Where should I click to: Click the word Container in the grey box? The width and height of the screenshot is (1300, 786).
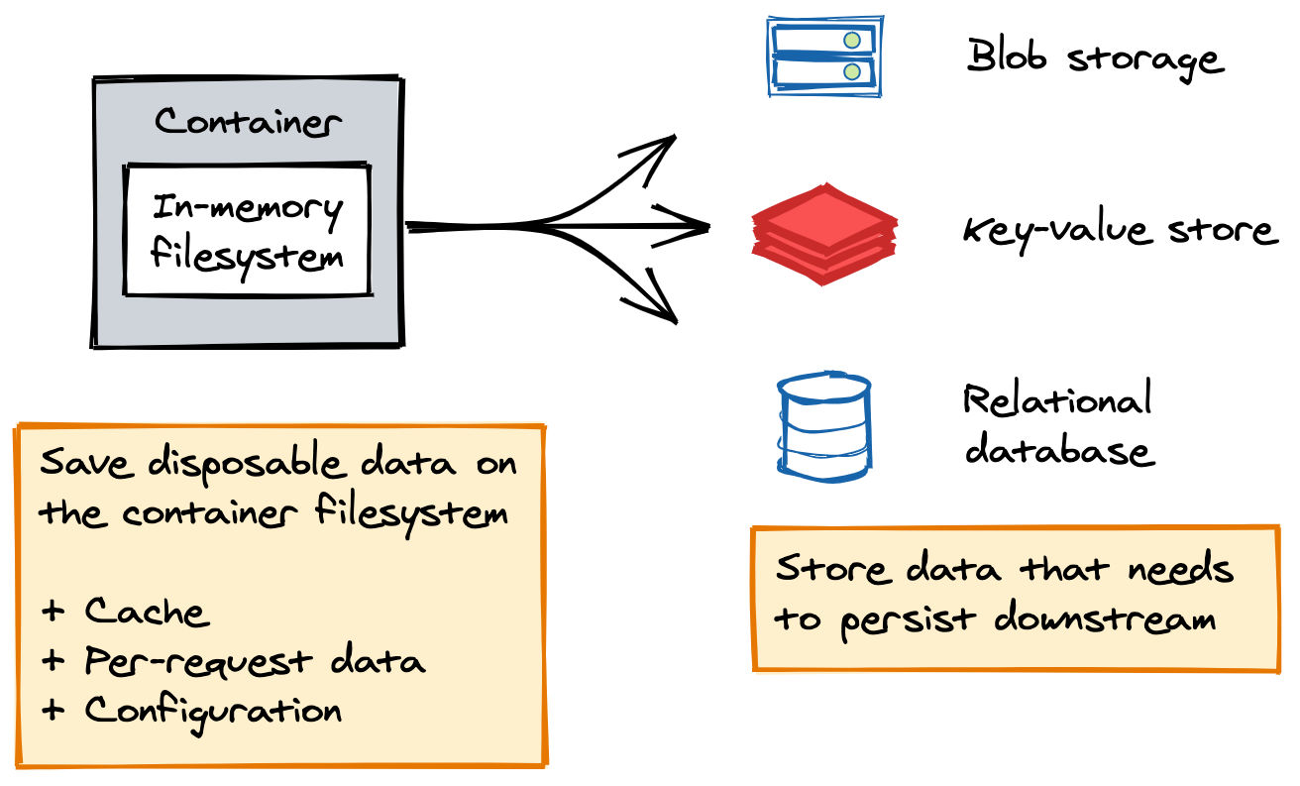248,123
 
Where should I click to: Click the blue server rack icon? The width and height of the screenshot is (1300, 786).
824,56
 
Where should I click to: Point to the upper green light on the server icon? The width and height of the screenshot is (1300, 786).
851,41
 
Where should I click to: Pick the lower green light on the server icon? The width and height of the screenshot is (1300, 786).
851,71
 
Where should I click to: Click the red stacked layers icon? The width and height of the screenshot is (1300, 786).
824,234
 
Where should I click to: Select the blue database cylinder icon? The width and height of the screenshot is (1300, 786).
824,426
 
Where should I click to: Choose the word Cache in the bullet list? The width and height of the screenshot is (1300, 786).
147,612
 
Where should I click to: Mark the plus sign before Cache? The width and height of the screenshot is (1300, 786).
54,612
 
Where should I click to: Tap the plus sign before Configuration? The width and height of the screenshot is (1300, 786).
54,711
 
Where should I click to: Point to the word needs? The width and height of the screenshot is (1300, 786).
1179,570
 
